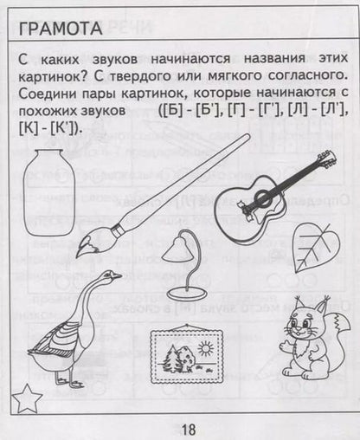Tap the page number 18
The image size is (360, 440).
coord(189,428)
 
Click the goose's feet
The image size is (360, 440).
coord(67,379)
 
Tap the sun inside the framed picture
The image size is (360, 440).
coord(205,347)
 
